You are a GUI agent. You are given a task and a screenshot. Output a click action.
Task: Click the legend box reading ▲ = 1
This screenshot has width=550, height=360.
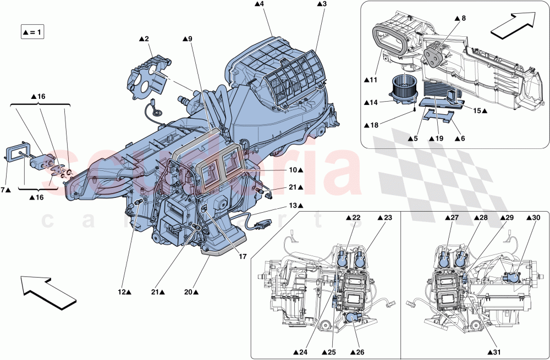(x=32, y=32)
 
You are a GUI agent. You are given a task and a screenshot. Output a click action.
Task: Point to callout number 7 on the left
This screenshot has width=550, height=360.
(x=5, y=190)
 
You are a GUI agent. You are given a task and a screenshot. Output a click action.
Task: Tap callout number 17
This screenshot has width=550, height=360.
(x=242, y=256)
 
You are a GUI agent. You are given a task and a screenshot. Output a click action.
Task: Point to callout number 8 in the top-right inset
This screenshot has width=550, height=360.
(x=460, y=19)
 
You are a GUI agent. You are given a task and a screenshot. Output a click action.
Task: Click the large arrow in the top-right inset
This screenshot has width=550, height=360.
(x=511, y=26)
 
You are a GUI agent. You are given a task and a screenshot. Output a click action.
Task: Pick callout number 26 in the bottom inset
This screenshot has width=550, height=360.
(x=358, y=352)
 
